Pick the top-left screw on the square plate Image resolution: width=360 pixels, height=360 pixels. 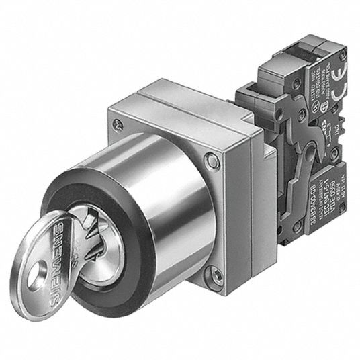coord(119,124)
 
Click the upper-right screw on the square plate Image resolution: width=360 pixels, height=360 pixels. coord(213,160)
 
